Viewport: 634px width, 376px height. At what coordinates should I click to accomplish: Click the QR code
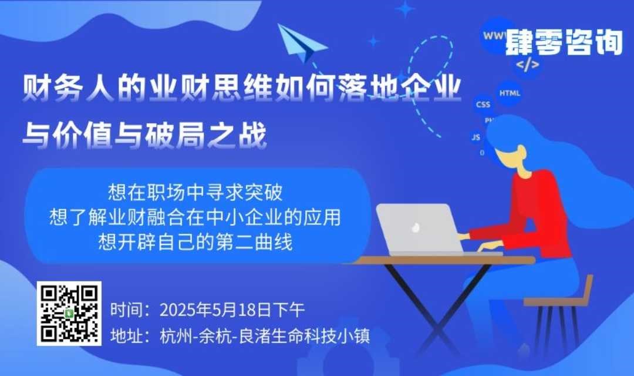click(69, 314)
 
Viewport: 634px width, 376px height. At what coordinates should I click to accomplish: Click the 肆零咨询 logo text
click(564, 42)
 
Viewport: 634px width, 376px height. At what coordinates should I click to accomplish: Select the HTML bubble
click(510, 93)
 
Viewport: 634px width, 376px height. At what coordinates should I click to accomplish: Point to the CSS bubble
click(483, 105)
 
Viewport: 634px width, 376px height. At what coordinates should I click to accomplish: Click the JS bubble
click(476, 137)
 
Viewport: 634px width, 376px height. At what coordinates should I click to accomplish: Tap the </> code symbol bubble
click(527, 64)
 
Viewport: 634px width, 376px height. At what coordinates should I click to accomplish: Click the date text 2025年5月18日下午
click(232, 310)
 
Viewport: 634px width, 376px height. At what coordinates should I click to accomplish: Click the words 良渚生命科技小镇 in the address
click(304, 336)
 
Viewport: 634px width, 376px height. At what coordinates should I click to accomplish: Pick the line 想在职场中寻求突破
click(195, 192)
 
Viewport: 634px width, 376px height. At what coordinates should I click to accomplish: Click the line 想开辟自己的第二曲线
click(195, 242)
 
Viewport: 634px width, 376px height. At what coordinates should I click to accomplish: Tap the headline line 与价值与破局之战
click(145, 135)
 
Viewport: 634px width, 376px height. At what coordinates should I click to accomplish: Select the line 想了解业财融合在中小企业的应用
click(195, 217)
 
